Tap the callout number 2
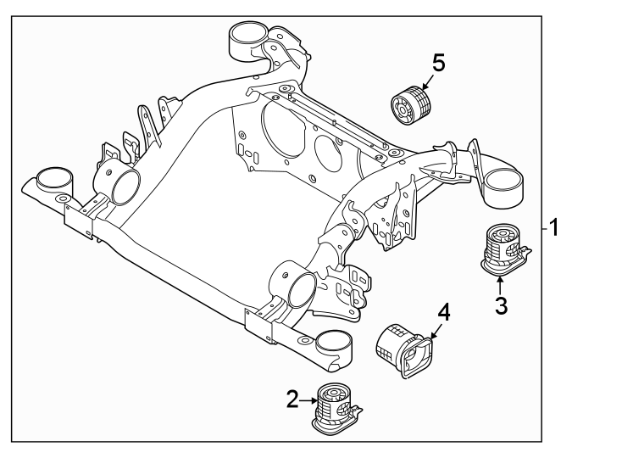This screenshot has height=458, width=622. (x=292, y=399)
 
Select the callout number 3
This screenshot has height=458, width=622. (x=501, y=305)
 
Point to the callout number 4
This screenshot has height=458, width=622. (x=442, y=312)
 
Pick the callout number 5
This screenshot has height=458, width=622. (x=437, y=62)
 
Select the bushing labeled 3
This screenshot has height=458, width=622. (x=505, y=249)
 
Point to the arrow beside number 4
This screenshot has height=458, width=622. (x=434, y=331)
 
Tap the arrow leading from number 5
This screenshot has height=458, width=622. (x=426, y=81)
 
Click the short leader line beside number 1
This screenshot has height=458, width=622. (x=542, y=228)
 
